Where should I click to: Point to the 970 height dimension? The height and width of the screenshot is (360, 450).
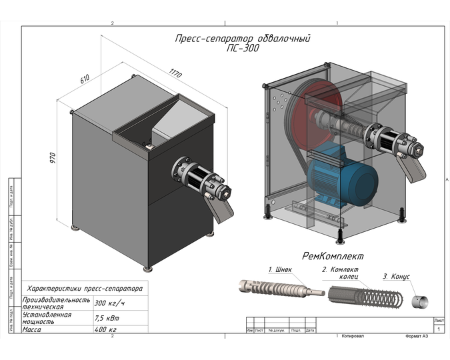53,158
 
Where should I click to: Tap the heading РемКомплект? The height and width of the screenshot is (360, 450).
333,255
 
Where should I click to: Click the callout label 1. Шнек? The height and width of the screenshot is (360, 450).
280,270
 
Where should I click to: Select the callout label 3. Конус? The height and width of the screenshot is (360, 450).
396,276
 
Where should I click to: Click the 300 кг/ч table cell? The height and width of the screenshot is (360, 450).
110,303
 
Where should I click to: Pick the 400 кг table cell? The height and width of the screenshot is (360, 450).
106,329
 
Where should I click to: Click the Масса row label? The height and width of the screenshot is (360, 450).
33,329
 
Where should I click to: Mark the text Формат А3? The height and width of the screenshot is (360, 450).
419,337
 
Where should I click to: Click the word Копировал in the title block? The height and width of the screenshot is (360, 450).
353,337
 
